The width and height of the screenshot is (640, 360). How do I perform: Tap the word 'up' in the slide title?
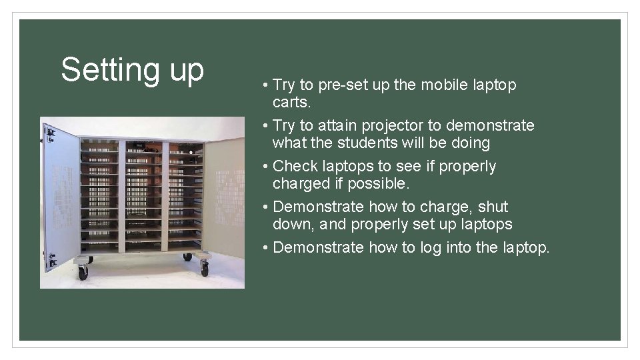[187, 72]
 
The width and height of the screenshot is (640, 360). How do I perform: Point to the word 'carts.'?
[292, 103]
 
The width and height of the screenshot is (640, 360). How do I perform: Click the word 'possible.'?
[383, 183]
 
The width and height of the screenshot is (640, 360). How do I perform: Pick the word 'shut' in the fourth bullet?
[493, 207]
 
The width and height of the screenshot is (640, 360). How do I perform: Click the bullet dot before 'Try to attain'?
[265, 126]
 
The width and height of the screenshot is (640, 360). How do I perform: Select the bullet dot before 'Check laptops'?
[265, 167]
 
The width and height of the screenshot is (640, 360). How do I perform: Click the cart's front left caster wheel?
[83, 272]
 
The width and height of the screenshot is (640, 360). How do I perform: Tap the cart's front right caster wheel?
[204, 269]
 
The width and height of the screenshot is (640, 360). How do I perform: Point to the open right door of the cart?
[225, 197]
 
